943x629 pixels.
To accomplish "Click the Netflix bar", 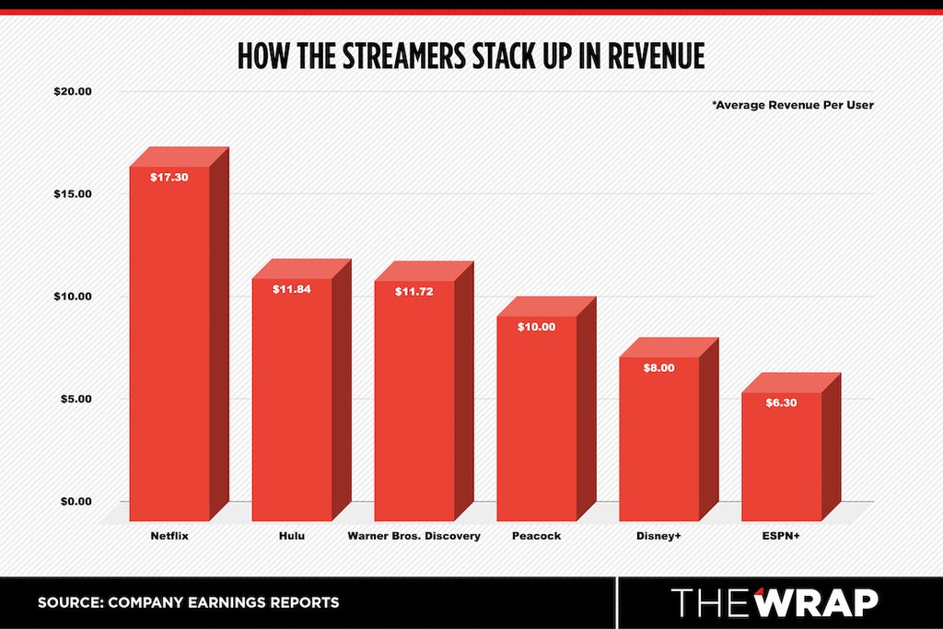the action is tap(180, 333).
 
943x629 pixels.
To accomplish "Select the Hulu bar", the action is tap(301, 390).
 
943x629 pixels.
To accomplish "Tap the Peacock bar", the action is tap(546, 409).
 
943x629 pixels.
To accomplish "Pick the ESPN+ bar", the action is tap(791, 447).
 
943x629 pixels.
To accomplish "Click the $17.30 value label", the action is tap(169, 178).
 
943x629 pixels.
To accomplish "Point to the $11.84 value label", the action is tap(292, 289).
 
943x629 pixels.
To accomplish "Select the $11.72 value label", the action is tap(413, 292).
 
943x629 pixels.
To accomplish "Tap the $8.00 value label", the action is tap(658, 368).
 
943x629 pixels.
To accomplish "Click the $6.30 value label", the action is tap(781, 402).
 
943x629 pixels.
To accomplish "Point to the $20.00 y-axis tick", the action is tap(73, 91).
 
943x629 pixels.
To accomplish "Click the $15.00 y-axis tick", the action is tap(73, 193).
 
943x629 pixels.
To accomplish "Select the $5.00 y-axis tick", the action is tap(76, 399).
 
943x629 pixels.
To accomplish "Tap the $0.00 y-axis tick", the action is tap(76, 502).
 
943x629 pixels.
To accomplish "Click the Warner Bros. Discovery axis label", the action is tap(413, 536).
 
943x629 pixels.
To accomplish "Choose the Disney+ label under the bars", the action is tap(658, 536).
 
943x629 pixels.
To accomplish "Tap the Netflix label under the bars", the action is tap(169, 536).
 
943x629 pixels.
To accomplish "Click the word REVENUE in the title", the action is tap(656, 56).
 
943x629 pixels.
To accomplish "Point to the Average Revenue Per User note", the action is tap(793, 105).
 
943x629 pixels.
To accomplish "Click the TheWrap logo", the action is tap(774, 602).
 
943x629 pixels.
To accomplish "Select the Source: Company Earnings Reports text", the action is tap(188, 602).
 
